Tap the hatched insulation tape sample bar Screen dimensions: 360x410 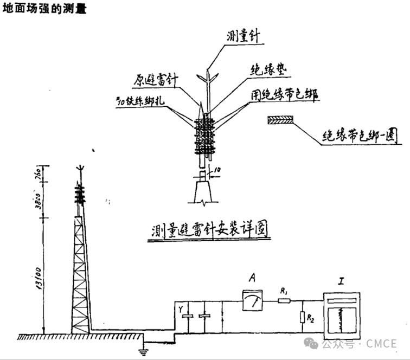(x=280, y=121)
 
